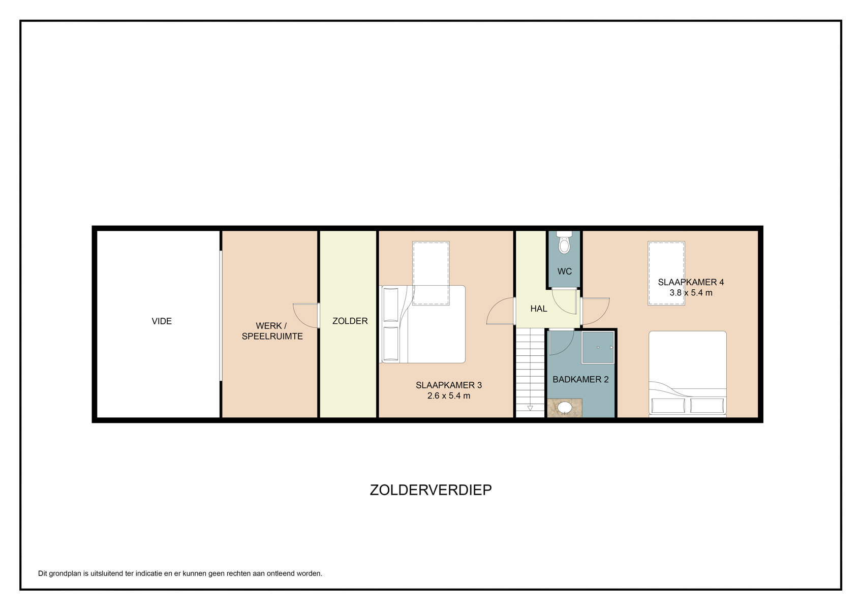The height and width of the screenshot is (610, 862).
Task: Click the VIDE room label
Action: pyautogui.click(x=162, y=321)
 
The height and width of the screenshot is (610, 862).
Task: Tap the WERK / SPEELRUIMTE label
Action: pyautogui.click(x=272, y=331)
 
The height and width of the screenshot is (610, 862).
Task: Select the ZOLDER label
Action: pyautogui.click(x=350, y=321)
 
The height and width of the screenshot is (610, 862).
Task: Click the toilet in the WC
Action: pyautogui.click(x=564, y=242)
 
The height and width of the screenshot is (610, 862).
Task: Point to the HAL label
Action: pyautogui.click(x=538, y=309)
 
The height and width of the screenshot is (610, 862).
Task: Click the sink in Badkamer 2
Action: pyautogui.click(x=565, y=408)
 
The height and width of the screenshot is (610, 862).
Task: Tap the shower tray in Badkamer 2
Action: pyautogui.click(x=598, y=347)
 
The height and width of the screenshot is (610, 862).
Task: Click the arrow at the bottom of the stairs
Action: pyautogui.click(x=530, y=408)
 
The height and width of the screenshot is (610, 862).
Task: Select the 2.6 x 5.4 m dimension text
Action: pyautogui.click(x=449, y=395)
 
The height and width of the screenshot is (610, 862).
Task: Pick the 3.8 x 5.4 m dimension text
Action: pyautogui.click(x=691, y=292)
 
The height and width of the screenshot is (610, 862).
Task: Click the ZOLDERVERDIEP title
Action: pyautogui.click(x=430, y=490)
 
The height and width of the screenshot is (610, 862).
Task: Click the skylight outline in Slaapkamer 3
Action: pyautogui.click(x=430, y=273)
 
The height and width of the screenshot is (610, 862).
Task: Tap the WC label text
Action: pyautogui.click(x=565, y=272)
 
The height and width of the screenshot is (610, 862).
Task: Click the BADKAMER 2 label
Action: pyautogui.click(x=580, y=380)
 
